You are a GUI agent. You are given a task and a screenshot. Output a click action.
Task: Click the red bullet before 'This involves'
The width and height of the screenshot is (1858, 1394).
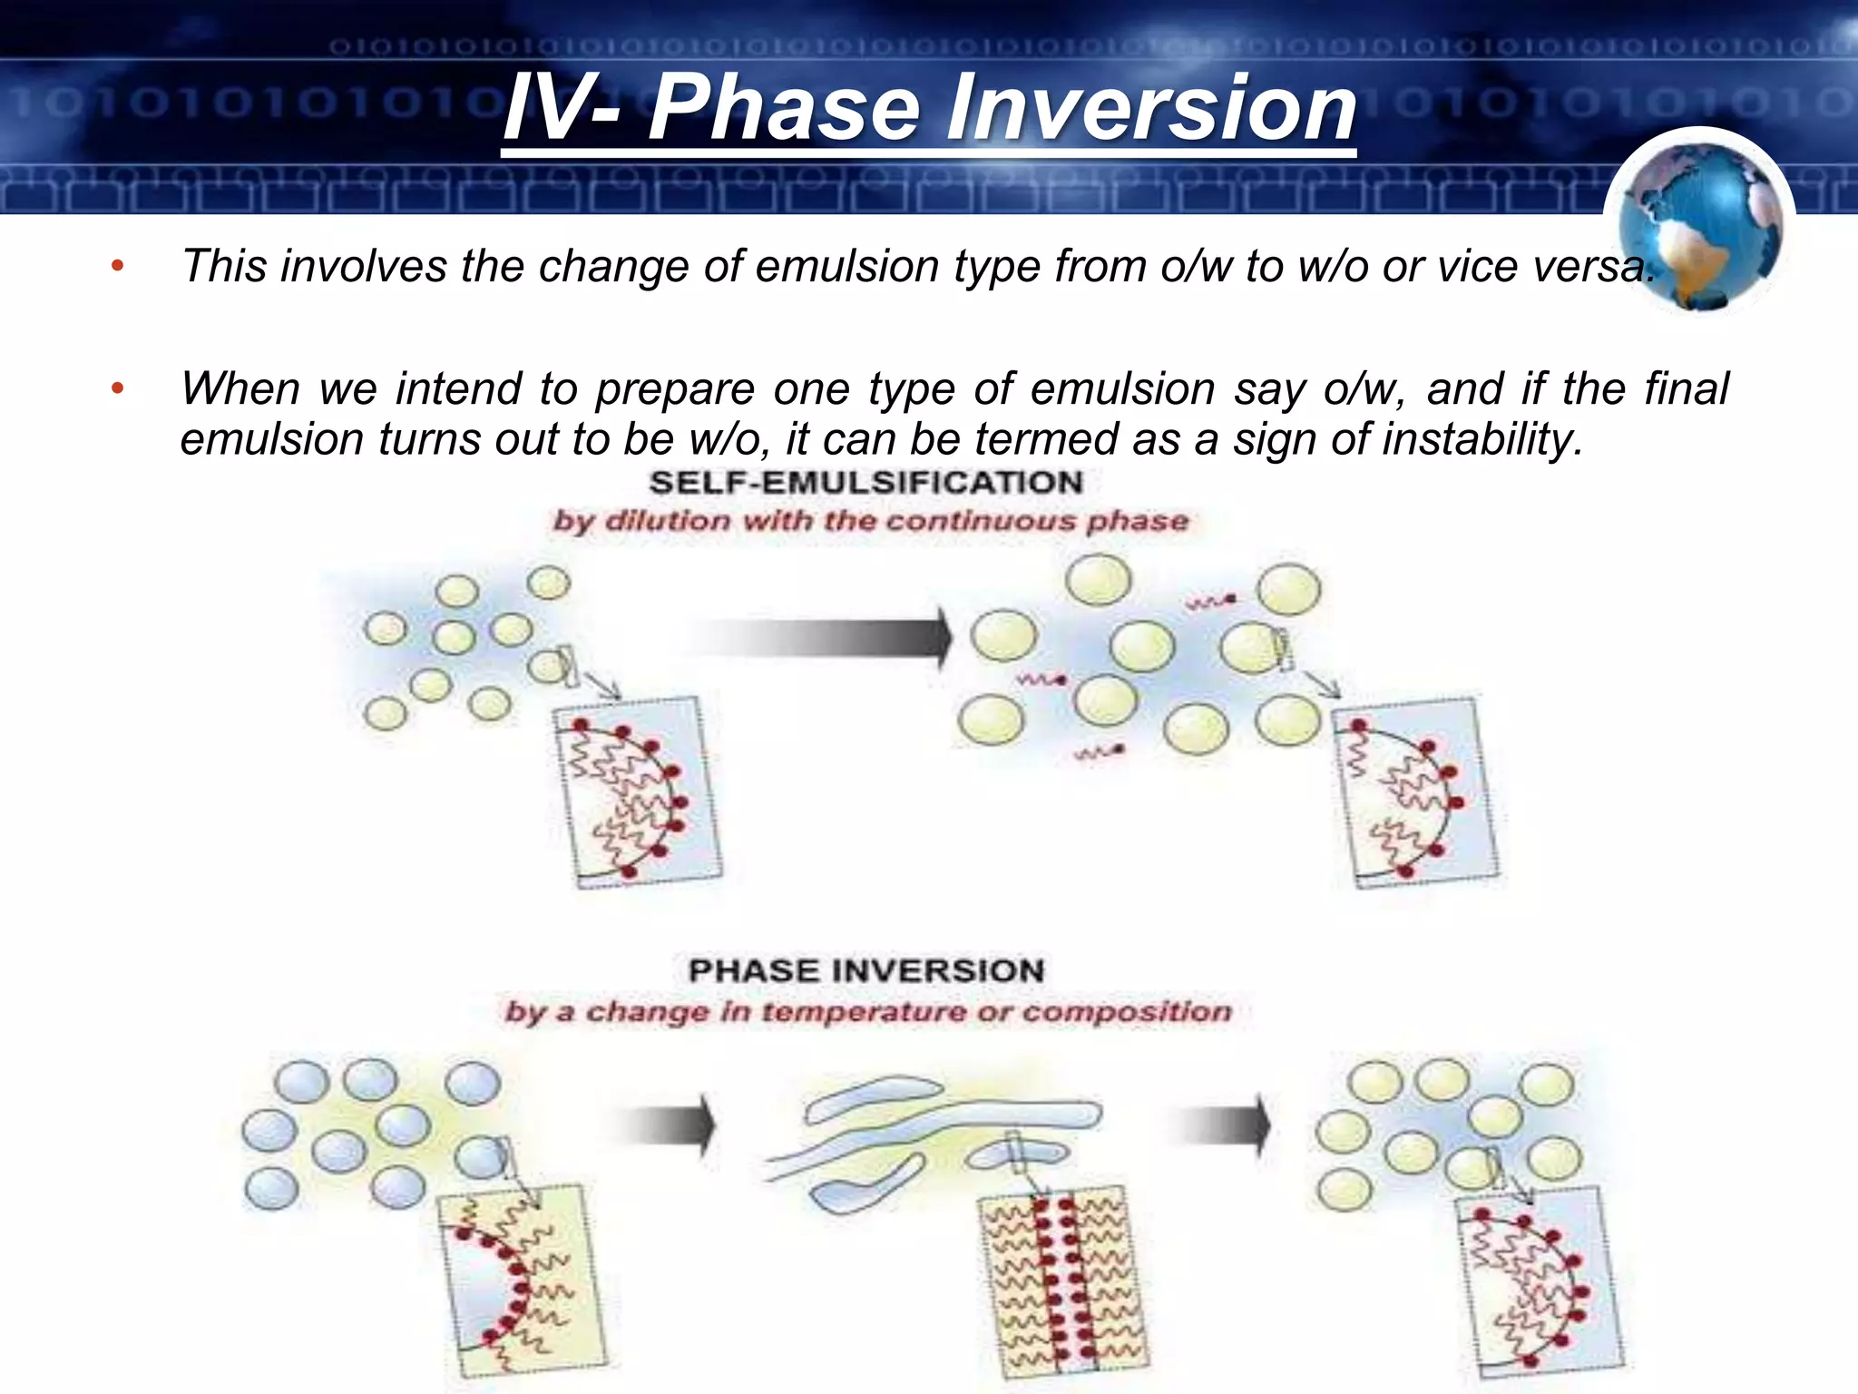pyautogui.click(x=116, y=266)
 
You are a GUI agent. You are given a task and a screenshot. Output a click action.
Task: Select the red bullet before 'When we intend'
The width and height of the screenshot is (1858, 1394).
pyautogui.click(x=116, y=388)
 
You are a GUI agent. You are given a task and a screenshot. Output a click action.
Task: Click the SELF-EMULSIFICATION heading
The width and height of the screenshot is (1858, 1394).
pyautogui.click(x=866, y=483)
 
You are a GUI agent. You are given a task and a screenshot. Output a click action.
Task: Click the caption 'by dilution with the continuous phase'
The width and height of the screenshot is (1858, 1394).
pyautogui.click(x=870, y=521)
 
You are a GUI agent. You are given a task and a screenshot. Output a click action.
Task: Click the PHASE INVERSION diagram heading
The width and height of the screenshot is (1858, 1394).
pyautogui.click(x=866, y=970)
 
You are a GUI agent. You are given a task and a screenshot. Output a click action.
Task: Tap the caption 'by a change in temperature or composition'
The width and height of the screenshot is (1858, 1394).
pyautogui.click(x=868, y=1011)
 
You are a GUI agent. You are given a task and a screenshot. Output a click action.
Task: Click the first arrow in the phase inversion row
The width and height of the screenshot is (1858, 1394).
pyautogui.click(x=667, y=1126)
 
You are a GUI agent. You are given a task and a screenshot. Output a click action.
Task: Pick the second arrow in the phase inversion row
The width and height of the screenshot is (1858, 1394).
pyautogui.click(x=1220, y=1126)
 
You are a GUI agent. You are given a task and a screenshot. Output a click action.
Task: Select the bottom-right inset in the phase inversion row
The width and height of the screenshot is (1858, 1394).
pyautogui.click(x=1538, y=1280)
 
